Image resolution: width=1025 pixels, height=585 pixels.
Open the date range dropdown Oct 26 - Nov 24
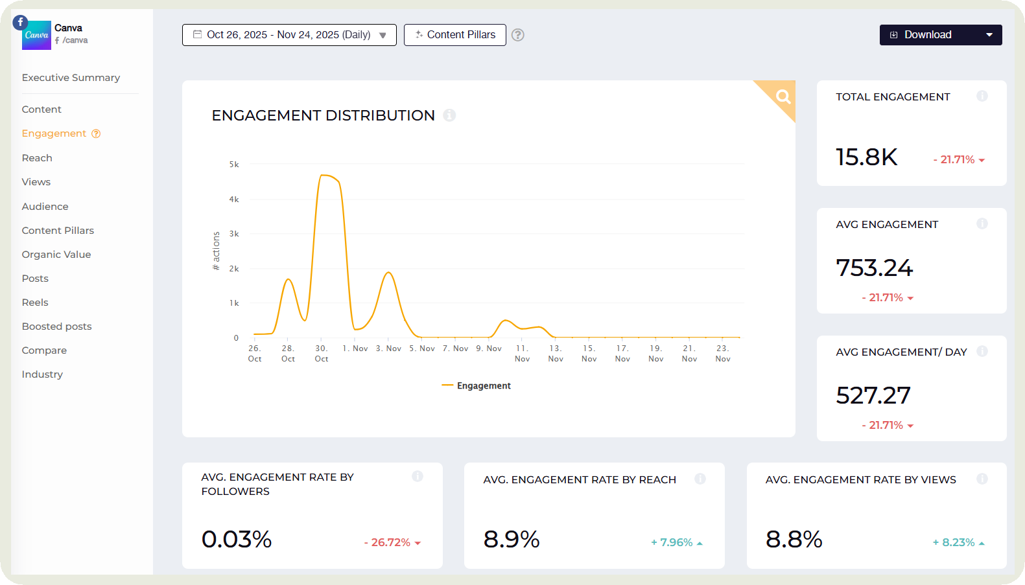pyautogui.click(x=289, y=35)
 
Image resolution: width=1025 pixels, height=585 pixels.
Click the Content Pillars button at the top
pyautogui.click(x=454, y=35)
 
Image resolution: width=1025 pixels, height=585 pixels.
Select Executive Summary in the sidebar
pyautogui.click(x=71, y=78)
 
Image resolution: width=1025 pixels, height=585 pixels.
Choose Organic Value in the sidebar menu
pyautogui.click(x=56, y=255)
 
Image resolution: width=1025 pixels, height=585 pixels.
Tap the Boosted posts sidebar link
pyautogui.click(x=56, y=327)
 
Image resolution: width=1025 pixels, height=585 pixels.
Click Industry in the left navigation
pyautogui.click(x=42, y=374)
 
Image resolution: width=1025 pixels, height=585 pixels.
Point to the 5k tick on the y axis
pyautogui.click(x=234, y=165)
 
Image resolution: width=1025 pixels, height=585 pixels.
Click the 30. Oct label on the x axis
pyautogui.click(x=321, y=354)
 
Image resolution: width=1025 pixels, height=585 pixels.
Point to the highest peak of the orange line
pyautogui.click(x=324, y=175)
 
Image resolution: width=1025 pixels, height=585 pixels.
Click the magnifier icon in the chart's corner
pyautogui.click(x=783, y=97)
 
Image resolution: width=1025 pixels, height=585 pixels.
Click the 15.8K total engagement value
pyautogui.click(x=866, y=157)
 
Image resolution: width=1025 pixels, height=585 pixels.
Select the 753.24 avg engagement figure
pyautogui.click(x=874, y=268)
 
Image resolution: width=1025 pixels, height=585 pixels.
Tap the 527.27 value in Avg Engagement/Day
pyautogui.click(x=873, y=396)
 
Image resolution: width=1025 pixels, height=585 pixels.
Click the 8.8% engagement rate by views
pyautogui.click(x=794, y=540)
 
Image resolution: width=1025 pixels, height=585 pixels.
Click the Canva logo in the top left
pyautogui.click(x=36, y=35)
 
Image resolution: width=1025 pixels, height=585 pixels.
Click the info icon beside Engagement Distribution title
pyautogui.click(x=449, y=115)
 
